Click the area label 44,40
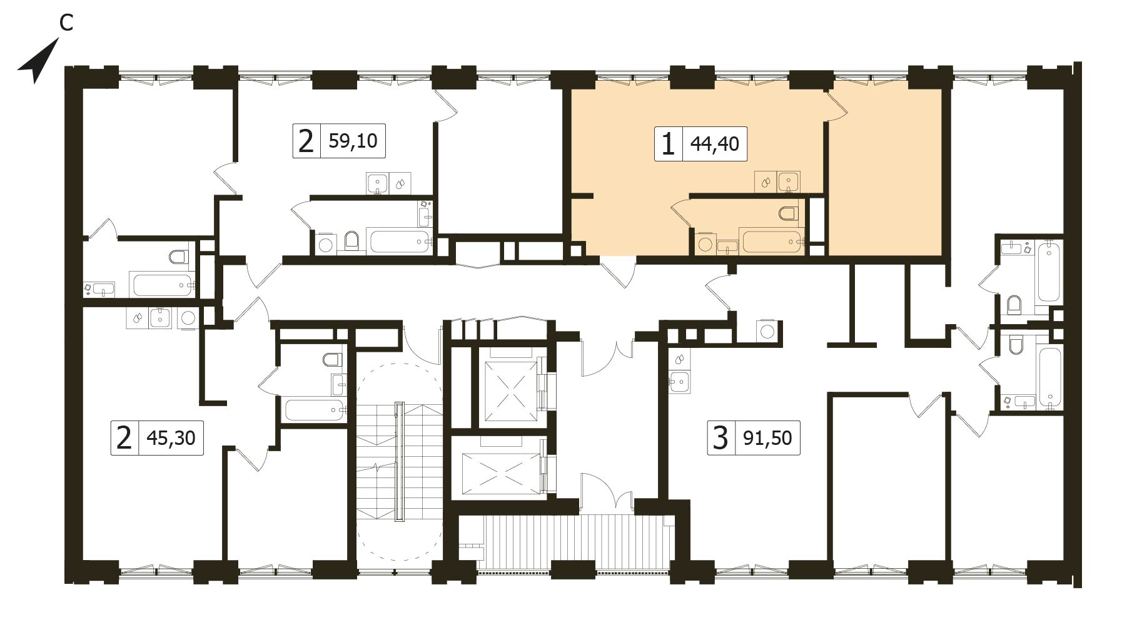click(x=714, y=144)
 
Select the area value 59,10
click(x=353, y=141)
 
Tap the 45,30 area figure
click(x=171, y=437)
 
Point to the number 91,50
click(x=768, y=437)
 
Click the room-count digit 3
click(x=720, y=437)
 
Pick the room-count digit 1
click(x=668, y=145)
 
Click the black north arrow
click(x=38, y=61)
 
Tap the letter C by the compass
click(x=66, y=23)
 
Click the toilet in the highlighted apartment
click(x=789, y=213)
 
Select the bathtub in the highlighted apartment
click(x=771, y=241)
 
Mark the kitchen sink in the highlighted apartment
click(x=789, y=182)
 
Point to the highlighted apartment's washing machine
click(x=705, y=243)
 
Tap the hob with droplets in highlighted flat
click(x=766, y=182)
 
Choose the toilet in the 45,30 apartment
click(x=333, y=359)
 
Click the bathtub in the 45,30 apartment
click(x=315, y=410)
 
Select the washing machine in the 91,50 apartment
click(x=767, y=330)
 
